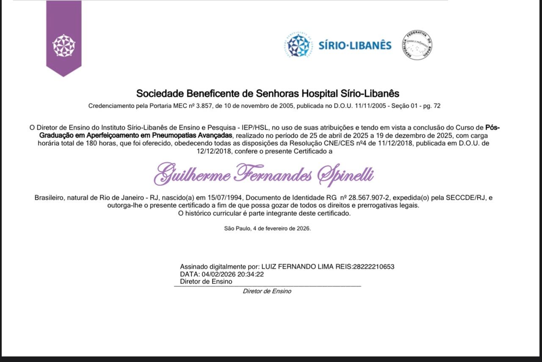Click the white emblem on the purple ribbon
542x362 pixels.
pos(64,45)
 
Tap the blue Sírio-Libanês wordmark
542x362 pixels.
pos(355,45)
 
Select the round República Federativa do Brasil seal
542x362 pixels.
pos(417,45)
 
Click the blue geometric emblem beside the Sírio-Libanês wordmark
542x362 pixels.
pos(299,45)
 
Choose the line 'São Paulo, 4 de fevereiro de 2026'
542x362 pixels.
pos(267,228)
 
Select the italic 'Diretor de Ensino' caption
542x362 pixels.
pos(267,291)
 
